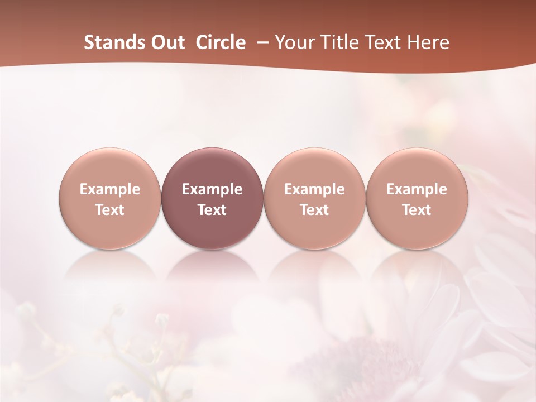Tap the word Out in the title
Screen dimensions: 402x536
point(166,42)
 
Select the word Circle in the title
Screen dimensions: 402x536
point(221,42)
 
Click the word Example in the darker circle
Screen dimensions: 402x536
point(212,189)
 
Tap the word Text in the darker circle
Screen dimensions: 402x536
point(212,210)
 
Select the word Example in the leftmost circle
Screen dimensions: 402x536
point(110,189)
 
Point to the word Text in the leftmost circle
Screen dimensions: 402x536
point(110,210)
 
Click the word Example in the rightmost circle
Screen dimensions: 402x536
point(417,189)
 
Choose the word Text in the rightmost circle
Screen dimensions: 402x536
point(417,210)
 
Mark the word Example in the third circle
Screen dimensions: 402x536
point(314,189)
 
